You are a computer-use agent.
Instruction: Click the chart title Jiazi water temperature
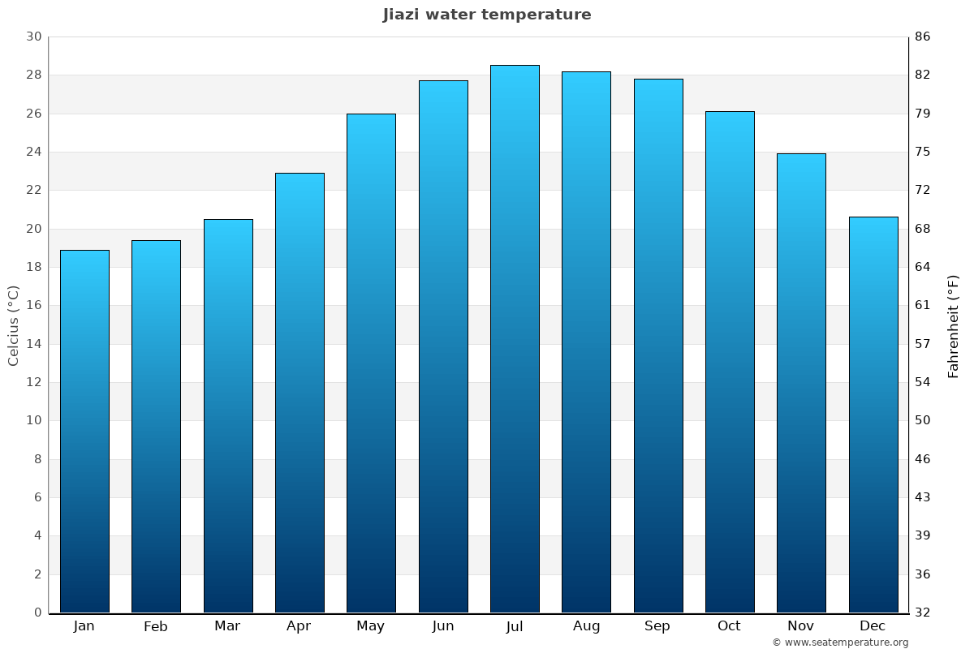(x=487, y=15)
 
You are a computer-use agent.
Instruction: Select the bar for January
(x=84, y=431)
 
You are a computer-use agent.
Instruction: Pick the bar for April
(x=300, y=393)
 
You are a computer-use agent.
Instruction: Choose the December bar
(x=873, y=415)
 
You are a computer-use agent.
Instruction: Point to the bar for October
(x=730, y=362)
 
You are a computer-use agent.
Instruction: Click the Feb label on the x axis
(x=156, y=626)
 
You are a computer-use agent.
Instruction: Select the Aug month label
(x=586, y=626)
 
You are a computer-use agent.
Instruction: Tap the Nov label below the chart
(x=801, y=626)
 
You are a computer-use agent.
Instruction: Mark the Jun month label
(x=443, y=626)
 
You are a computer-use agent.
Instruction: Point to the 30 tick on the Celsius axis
(x=34, y=37)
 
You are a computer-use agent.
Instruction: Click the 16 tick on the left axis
(x=34, y=306)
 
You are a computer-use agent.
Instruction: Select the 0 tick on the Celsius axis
(x=37, y=612)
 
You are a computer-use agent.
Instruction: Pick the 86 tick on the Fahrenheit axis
(x=923, y=37)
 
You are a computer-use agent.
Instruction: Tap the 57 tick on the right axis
(x=923, y=344)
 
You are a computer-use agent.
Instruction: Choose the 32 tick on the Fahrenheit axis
(x=923, y=612)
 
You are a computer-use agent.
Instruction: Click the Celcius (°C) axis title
(x=14, y=325)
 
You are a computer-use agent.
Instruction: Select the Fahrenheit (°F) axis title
(x=954, y=325)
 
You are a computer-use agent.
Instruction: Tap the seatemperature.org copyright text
(x=840, y=643)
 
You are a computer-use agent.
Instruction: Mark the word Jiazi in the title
(x=403, y=15)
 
